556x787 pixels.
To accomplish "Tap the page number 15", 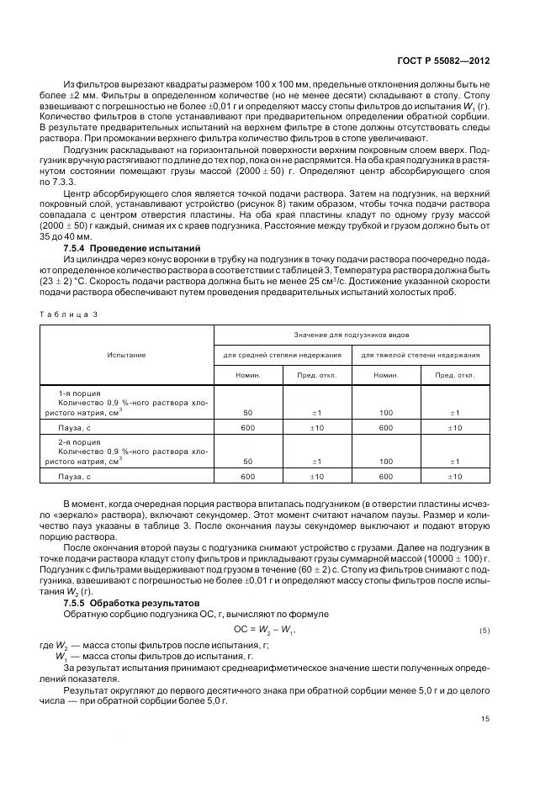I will pos(485,718).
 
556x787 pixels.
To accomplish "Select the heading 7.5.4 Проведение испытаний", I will pos(132,249).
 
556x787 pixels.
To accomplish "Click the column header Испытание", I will pos(126,355).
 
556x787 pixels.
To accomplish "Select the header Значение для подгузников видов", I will pos(352,335).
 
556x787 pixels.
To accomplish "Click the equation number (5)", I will pos(484,630).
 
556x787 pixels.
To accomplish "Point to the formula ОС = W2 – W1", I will pos(265,629).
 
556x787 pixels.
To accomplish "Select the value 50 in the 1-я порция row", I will pos(247,412).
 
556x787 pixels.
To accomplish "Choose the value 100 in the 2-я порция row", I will pos(386,461).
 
